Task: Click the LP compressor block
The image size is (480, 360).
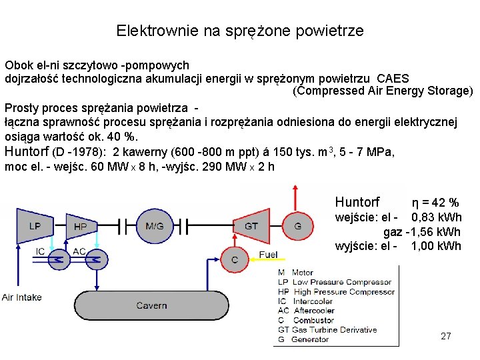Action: point(35,227)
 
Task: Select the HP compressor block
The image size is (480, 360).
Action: point(81,227)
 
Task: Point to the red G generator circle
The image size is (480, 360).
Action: point(297,227)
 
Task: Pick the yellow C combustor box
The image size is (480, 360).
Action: point(234,259)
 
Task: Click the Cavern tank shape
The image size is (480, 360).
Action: point(152,305)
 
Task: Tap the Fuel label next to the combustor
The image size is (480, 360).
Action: point(268,255)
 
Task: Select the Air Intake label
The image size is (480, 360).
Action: point(21,297)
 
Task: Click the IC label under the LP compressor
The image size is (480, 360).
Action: point(41,251)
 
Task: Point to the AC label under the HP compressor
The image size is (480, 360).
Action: point(79,251)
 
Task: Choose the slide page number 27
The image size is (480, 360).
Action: point(446,336)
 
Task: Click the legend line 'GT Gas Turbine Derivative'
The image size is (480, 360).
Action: point(327,329)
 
